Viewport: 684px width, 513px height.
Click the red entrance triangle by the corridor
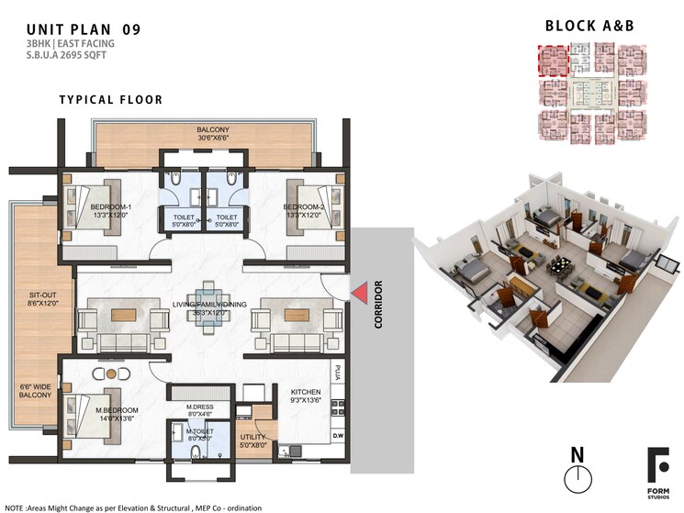[361, 292]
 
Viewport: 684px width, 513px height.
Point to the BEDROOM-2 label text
[304, 207]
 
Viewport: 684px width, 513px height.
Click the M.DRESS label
[199, 407]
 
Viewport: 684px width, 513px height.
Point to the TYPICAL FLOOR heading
[111, 99]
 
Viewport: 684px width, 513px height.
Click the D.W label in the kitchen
[338, 436]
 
